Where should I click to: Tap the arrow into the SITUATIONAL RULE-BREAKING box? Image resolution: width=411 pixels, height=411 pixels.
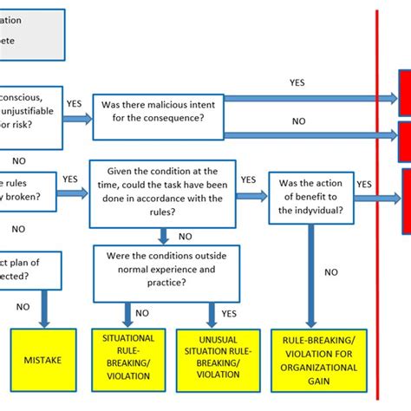click(128, 313)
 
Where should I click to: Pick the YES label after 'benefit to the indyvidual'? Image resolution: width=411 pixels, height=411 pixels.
click(364, 184)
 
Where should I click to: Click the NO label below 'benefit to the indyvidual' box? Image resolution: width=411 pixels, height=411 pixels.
click(330, 271)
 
